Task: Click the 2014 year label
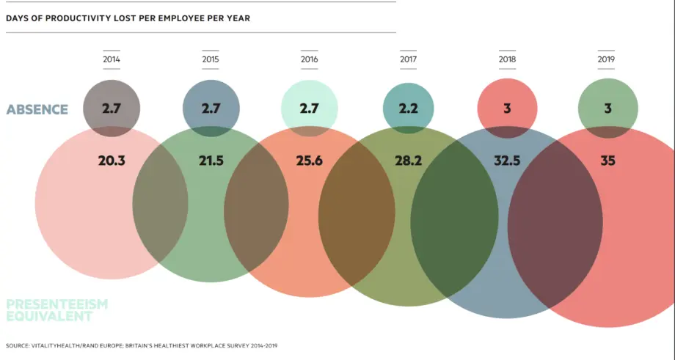point(112,59)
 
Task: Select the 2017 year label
point(408,59)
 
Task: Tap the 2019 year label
point(606,59)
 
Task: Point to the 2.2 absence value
point(408,109)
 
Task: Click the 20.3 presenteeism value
point(112,161)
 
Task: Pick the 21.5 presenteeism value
point(211,161)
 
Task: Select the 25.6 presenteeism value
point(309,161)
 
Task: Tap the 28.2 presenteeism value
point(408,161)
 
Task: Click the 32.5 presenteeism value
point(507,161)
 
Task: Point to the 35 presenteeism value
point(607,161)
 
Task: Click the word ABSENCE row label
point(37,110)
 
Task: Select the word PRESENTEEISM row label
point(56,304)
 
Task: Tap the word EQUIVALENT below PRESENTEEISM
point(49,317)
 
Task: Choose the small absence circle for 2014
point(112,109)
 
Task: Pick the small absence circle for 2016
point(309,109)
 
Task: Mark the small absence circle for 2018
point(507,109)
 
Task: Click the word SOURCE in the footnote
point(16,346)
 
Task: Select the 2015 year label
point(211,59)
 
